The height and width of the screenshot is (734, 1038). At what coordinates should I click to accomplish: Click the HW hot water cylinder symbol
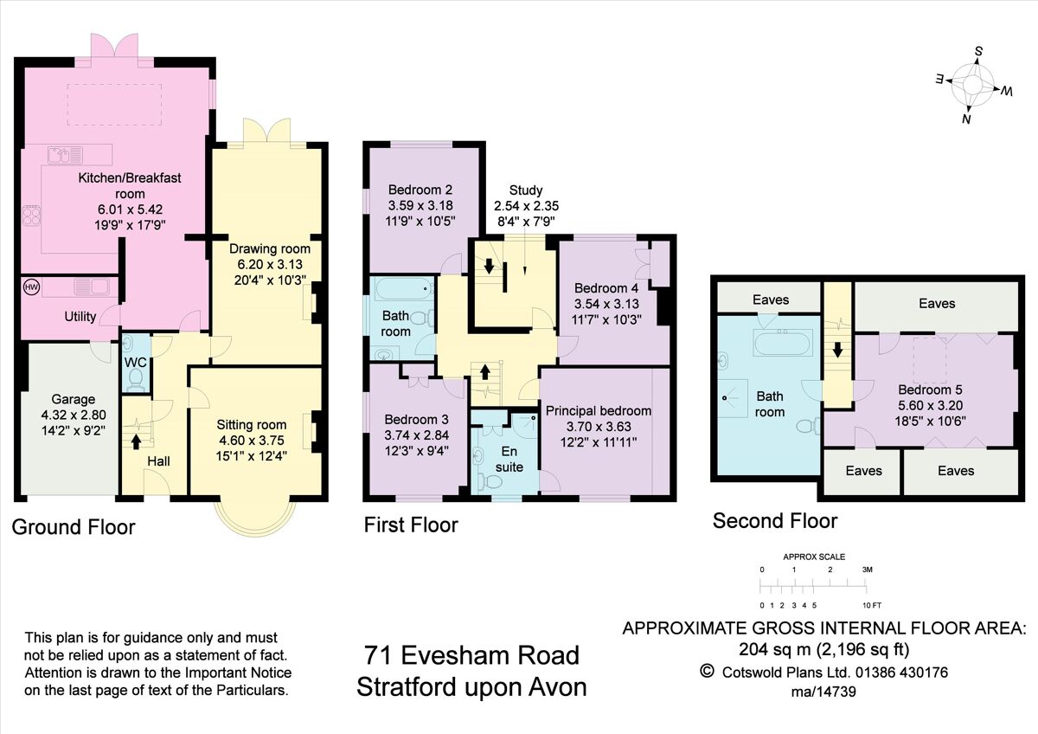pyautogui.click(x=29, y=287)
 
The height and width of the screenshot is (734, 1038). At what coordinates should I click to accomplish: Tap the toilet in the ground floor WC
pyautogui.click(x=135, y=378)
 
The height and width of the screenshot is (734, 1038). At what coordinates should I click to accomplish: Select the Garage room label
pyautogui.click(x=74, y=400)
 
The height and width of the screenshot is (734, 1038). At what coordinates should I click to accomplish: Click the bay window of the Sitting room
pyautogui.click(x=255, y=519)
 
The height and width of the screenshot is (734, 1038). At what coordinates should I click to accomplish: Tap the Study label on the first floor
pyautogui.click(x=526, y=190)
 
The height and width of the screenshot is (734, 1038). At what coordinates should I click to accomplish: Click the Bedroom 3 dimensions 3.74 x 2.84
pyautogui.click(x=411, y=435)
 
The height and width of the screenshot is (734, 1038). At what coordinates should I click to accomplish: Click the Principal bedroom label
pyautogui.click(x=598, y=410)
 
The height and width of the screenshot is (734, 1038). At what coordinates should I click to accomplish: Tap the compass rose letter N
pyautogui.click(x=966, y=119)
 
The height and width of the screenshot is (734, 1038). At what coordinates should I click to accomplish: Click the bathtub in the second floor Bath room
pyautogui.click(x=782, y=344)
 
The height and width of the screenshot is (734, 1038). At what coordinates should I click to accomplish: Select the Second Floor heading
pyautogui.click(x=775, y=520)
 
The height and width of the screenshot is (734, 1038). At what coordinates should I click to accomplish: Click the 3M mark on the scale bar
pyautogui.click(x=867, y=570)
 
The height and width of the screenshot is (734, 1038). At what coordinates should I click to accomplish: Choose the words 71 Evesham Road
pyautogui.click(x=472, y=655)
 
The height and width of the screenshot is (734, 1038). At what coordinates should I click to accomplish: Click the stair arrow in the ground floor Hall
pyautogui.click(x=136, y=441)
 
